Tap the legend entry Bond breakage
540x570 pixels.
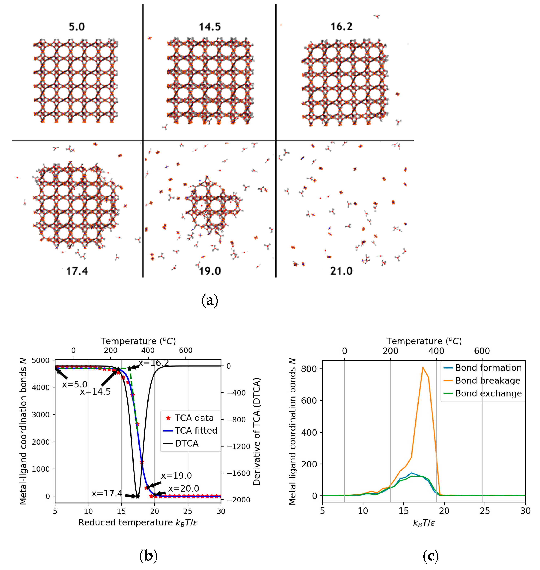click(488, 381)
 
